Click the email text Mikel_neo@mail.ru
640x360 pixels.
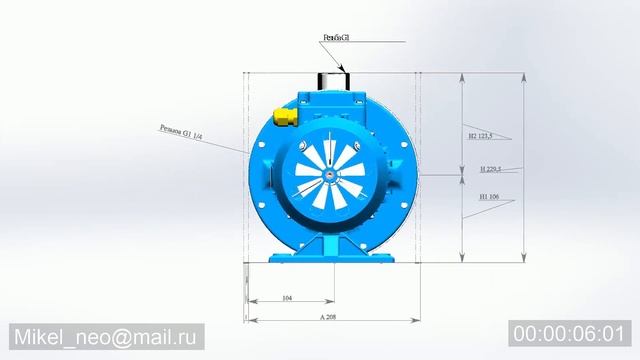point(108,336)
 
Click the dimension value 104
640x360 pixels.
point(287,298)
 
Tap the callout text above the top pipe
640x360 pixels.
point(336,38)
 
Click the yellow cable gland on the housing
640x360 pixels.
point(284,118)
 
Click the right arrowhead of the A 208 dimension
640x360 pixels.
point(416,320)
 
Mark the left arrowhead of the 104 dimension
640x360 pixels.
point(250,301)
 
